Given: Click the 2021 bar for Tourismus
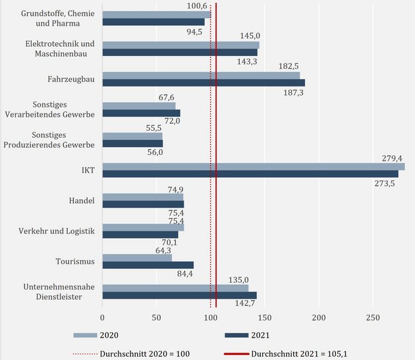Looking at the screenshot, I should [148, 265].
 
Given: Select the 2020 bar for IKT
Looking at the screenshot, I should [254, 166].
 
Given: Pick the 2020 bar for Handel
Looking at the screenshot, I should [143, 196].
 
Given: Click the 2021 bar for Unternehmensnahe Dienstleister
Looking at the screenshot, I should [180, 295].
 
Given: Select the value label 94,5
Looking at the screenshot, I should [194, 32].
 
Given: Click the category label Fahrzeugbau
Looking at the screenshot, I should [74, 79].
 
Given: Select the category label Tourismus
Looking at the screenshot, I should [77, 261].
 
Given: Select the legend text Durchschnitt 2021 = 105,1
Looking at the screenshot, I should [304, 353].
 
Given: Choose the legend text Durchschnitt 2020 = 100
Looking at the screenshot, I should [144, 353].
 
